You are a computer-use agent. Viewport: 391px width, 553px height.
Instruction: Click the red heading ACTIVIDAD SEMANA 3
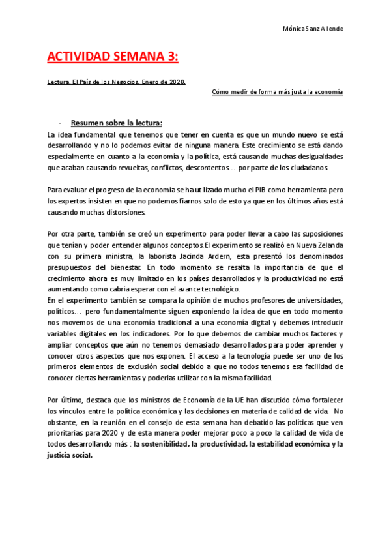(x=112, y=57)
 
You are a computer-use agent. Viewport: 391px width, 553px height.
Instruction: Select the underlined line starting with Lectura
(x=117, y=82)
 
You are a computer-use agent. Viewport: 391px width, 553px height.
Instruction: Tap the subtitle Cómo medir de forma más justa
(x=278, y=92)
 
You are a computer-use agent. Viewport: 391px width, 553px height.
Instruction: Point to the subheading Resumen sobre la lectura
(x=117, y=123)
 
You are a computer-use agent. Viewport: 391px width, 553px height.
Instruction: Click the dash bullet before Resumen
(x=60, y=123)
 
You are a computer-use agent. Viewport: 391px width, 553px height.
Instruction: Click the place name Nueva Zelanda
(x=317, y=245)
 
